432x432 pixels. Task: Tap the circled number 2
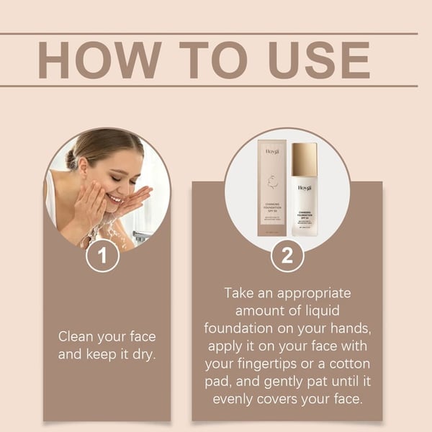287,256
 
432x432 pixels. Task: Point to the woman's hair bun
73,158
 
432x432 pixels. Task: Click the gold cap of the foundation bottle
304,159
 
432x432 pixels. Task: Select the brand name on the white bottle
304,188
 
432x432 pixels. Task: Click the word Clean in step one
76,336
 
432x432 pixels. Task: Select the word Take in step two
240,293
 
